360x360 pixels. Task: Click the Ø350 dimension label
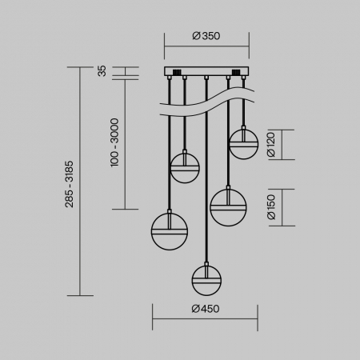coord(206,36)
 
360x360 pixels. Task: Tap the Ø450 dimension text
coord(206,309)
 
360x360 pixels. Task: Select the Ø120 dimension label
coord(271,144)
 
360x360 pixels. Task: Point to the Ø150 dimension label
coord(271,207)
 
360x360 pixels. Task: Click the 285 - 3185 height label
coord(70,184)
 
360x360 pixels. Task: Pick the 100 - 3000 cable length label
coord(114,142)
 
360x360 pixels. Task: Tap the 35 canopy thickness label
coord(102,71)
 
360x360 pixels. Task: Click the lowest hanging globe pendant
coord(206,281)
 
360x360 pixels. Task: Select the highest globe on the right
coord(243,144)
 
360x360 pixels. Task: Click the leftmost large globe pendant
coord(170,231)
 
